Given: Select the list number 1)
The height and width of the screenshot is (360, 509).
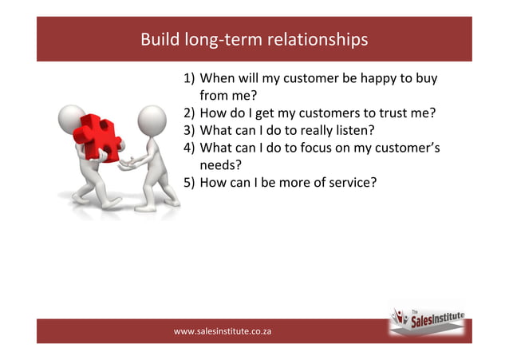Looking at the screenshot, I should (189, 79).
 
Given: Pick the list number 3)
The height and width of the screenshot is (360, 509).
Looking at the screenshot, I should (189, 130).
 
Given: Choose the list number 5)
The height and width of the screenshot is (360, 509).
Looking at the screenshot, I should (189, 182).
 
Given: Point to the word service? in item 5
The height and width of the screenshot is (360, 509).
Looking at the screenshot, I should (349, 182).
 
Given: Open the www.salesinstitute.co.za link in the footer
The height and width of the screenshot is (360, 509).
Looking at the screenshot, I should (223, 330).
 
